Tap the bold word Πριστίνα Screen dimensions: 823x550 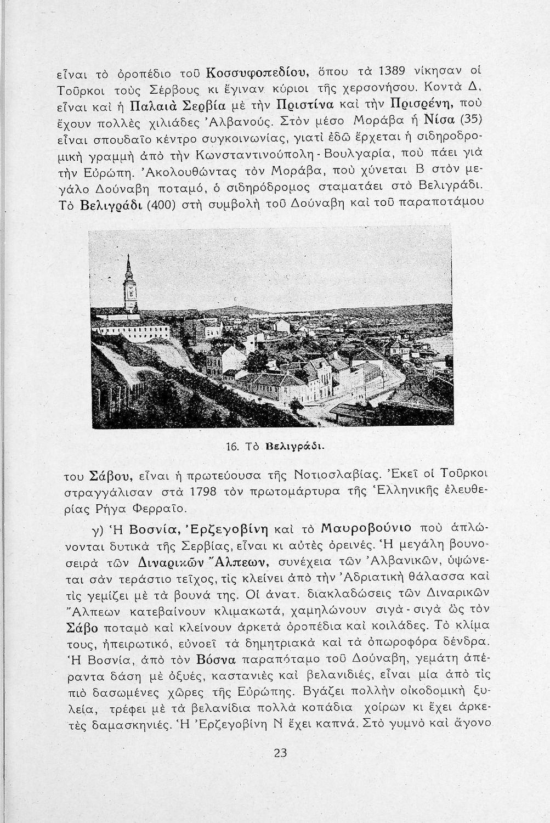(305, 103)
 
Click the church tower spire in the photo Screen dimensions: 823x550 (129, 268)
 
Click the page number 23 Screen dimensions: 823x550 (280, 753)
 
